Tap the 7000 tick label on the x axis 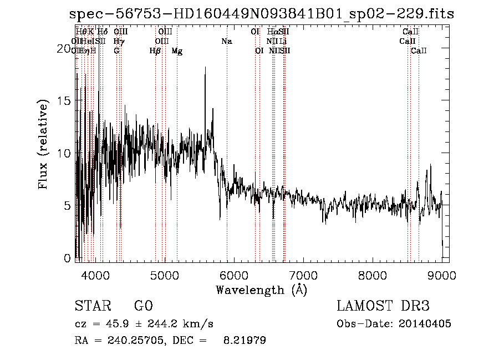pyautogui.click(x=303, y=275)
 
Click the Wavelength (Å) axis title pyautogui.click(x=261, y=290)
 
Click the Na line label pyautogui.click(x=226, y=41)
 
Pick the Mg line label pyautogui.click(x=177, y=51)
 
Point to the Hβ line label pyautogui.click(x=155, y=51)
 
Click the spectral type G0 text pyautogui.click(x=143, y=307)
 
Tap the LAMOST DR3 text pyautogui.click(x=383, y=306)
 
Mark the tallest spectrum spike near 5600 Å pyautogui.click(x=205, y=68)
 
